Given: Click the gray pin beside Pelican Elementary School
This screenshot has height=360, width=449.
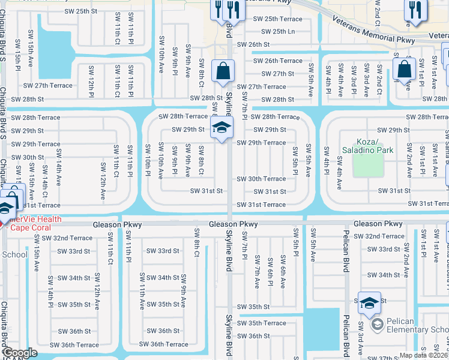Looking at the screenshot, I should point(378,325).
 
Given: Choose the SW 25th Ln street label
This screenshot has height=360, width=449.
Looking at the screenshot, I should point(274,31).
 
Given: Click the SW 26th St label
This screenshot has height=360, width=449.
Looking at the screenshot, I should point(253,44).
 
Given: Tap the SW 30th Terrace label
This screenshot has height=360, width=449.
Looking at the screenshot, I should point(261,179).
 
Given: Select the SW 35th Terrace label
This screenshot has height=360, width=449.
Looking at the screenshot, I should point(262,323).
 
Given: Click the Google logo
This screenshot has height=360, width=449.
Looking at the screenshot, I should point(20,353).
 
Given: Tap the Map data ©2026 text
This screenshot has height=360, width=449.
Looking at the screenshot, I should point(423,355).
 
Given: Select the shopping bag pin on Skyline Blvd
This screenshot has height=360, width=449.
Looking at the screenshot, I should point(223,71).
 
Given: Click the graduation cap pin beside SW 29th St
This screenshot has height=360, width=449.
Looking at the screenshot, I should point(221,127).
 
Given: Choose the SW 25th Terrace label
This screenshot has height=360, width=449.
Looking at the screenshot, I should point(278,19).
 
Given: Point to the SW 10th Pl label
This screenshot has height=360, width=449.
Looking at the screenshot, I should point(147,160).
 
